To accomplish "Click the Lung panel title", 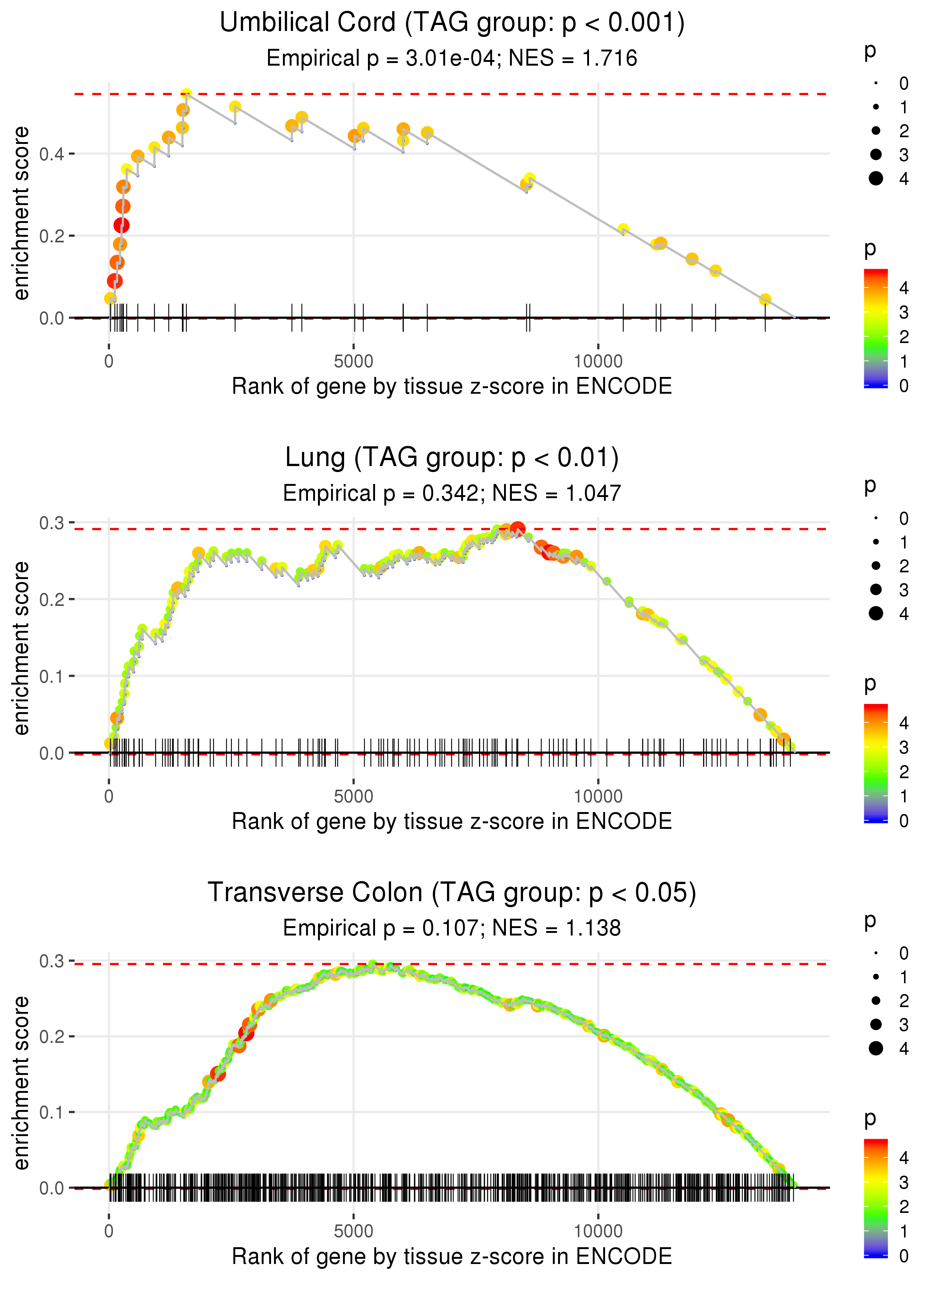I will click(x=452, y=458).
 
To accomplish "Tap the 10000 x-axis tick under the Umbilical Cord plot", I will click(x=598, y=362).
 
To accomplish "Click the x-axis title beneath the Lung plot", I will click(x=452, y=822).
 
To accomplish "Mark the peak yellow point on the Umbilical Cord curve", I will click(x=186, y=94).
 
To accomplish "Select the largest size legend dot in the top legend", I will click(x=876, y=179).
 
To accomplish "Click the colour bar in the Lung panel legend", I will click(x=876, y=763).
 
